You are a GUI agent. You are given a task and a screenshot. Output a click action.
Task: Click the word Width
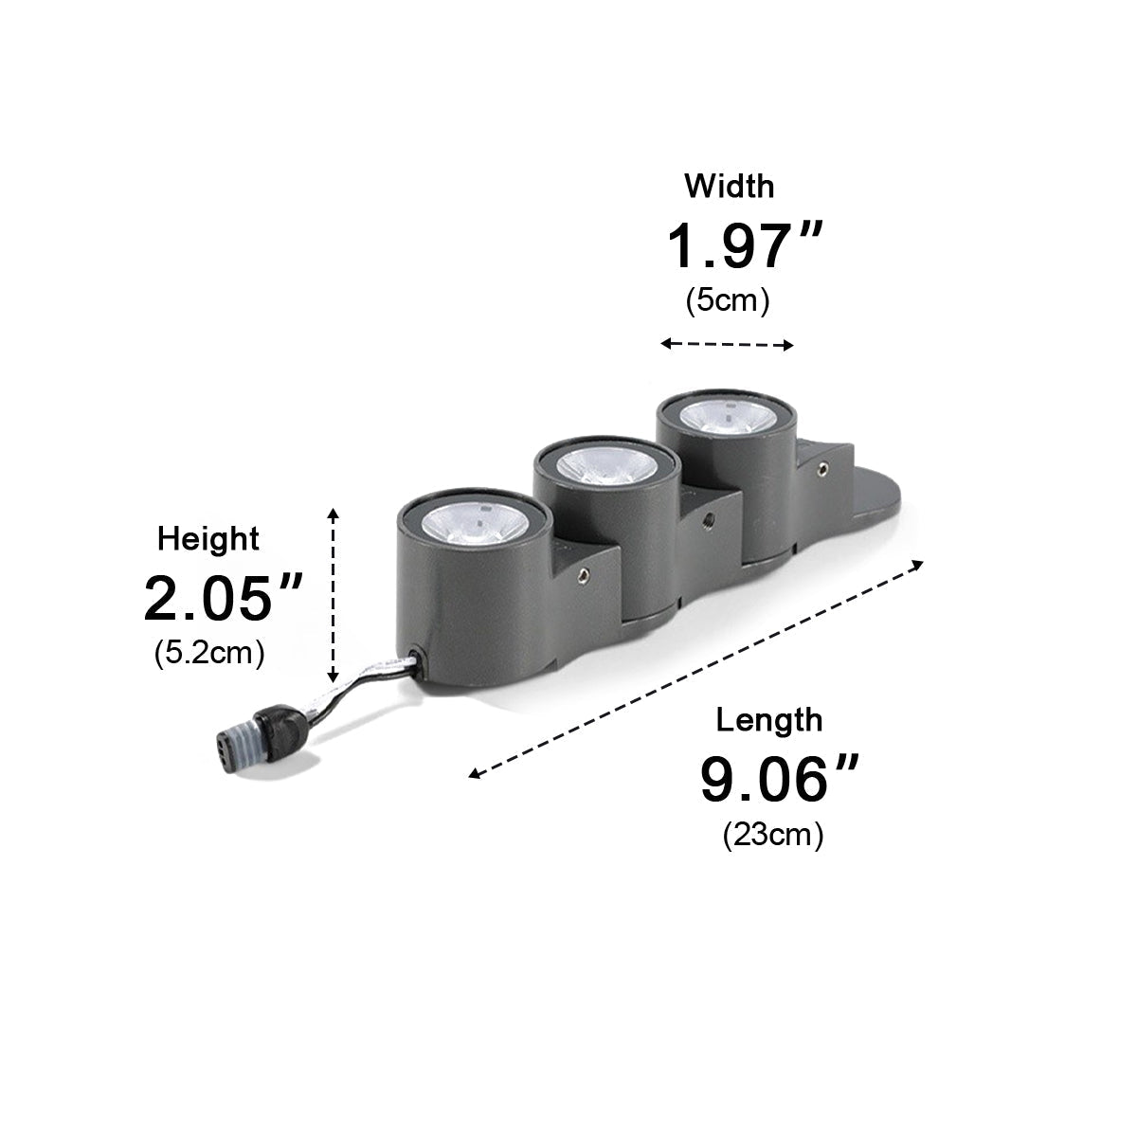point(730,186)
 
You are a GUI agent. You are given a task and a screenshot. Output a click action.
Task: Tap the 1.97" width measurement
point(744,245)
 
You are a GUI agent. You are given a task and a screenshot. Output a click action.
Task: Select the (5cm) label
point(728,301)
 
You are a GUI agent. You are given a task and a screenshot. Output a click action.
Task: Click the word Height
point(208,540)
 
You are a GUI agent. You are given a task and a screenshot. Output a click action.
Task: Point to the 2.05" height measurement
point(223,597)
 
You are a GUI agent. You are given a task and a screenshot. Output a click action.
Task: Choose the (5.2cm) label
point(209,653)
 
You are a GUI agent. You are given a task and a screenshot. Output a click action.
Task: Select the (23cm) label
point(773,835)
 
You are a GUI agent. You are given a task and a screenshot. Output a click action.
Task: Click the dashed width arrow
point(727,344)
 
